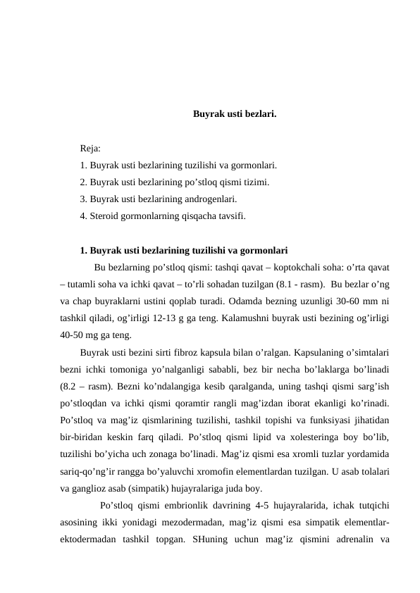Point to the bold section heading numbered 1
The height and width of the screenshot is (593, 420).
(x=183, y=250)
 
